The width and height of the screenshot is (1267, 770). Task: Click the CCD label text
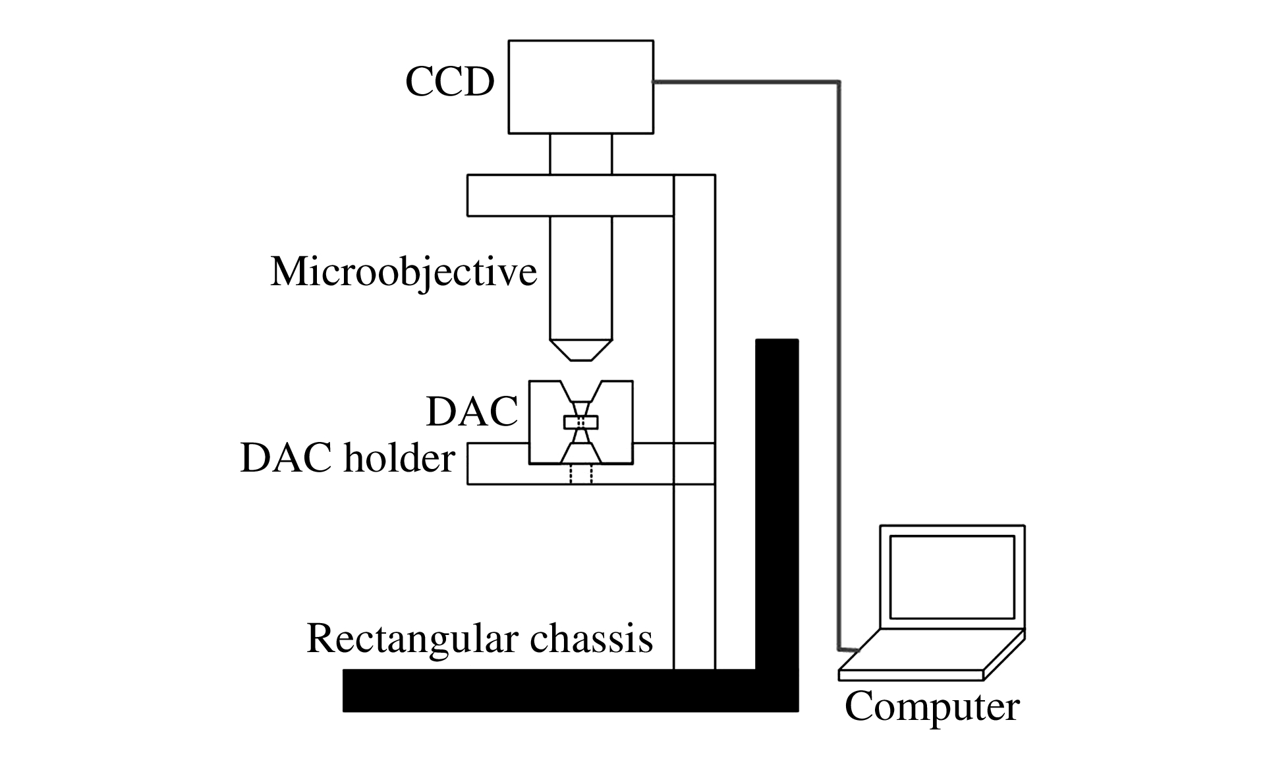pyautogui.click(x=449, y=83)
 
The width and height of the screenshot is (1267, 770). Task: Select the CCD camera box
pyautogui.click(x=580, y=86)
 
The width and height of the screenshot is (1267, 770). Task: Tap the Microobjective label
pyautogui.click(x=403, y=271)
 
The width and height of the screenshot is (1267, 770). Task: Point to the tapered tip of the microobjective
pyautogui.click(x=580, y=350)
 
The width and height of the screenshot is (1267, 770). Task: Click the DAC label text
pyautogui.click(x=472, y=412)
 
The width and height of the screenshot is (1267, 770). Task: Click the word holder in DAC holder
pyautogui.click(x=399, y=458)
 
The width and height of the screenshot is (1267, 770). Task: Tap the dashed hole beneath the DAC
pyautogui.click(x=581, y=475)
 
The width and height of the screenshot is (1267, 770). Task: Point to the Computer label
pyautogui.click(x=932, y=707)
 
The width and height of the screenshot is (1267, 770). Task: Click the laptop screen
pyautogui.click(x=951, y=577)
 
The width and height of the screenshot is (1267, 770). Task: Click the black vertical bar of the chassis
pyautogui.click(x=777, y=501)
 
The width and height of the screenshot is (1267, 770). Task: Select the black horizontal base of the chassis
pyautogui.click(x=547, y=691)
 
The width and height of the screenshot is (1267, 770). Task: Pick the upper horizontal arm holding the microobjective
pyautogui.click(x=570, y=195)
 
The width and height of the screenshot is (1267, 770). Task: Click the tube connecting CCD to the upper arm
pyautogui.click(x=580, y=153)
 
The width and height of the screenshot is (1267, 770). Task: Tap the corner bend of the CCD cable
pyautogui.click(x=839, y=83)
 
